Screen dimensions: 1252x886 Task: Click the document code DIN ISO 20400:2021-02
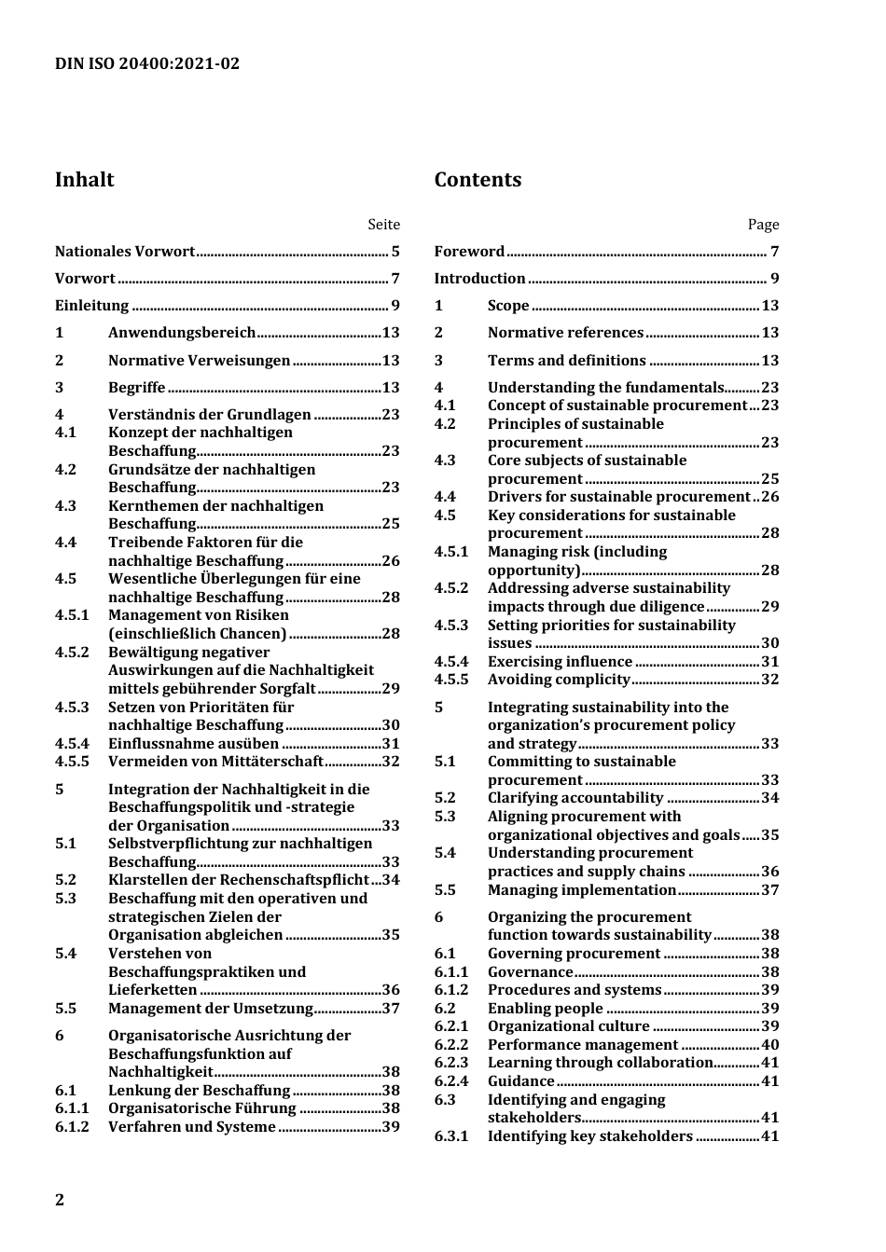147,63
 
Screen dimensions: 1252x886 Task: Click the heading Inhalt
84,180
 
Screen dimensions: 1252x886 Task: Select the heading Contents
478,180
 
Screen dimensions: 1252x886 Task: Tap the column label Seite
383,225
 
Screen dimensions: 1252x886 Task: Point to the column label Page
763,225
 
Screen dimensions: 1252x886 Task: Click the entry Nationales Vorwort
125,252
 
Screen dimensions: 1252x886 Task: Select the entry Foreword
469,252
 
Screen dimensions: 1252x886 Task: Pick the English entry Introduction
479,279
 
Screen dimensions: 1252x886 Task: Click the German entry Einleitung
91,306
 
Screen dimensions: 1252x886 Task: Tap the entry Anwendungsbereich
182,333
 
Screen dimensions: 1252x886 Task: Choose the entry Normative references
565,333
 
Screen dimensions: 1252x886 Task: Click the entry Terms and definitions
566,361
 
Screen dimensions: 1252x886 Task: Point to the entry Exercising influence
560,662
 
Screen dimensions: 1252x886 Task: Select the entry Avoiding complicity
559,680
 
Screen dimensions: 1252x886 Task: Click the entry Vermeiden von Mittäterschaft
215,762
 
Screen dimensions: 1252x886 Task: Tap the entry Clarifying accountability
575,798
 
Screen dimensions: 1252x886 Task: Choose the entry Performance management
583,1045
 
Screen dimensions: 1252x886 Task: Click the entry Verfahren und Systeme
192,1127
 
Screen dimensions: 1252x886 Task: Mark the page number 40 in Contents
769,1045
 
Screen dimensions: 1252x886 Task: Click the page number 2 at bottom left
60,1200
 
